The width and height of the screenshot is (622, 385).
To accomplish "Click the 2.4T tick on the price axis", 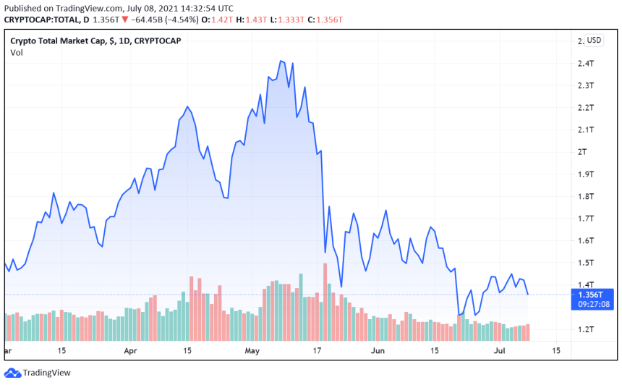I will [585, 63].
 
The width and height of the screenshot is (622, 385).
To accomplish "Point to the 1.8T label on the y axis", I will [585, 196].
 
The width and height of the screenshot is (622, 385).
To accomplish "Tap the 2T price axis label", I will [582, 152].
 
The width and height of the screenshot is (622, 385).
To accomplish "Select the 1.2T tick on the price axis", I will [585, 329].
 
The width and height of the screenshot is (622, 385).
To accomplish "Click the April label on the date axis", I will [131, 350].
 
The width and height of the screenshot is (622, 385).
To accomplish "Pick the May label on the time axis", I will [252, 350].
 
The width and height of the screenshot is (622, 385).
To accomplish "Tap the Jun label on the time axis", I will [377, 350].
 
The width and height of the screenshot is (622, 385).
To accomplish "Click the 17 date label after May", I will [316, 350].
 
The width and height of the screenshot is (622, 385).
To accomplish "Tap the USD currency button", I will [594, 41].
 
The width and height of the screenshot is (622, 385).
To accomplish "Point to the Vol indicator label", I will [17, 53].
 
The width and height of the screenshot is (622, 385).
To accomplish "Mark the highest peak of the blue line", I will [281, 61].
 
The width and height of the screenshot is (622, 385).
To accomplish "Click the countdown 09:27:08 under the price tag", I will [592, 305].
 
